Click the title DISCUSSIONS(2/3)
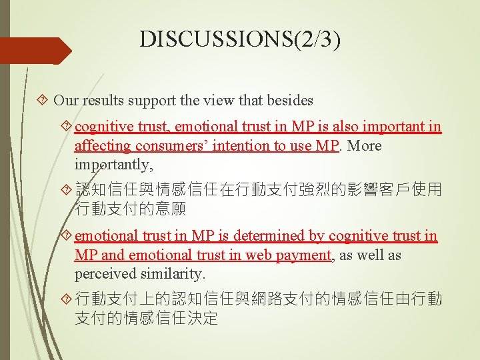[x=240, y=40]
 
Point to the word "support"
[x=153, y=101]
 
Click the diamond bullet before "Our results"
[x=43, y=101]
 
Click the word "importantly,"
[x=114, y=164]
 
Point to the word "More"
[x=366, y=145]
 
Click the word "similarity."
[x=173, y=273]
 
